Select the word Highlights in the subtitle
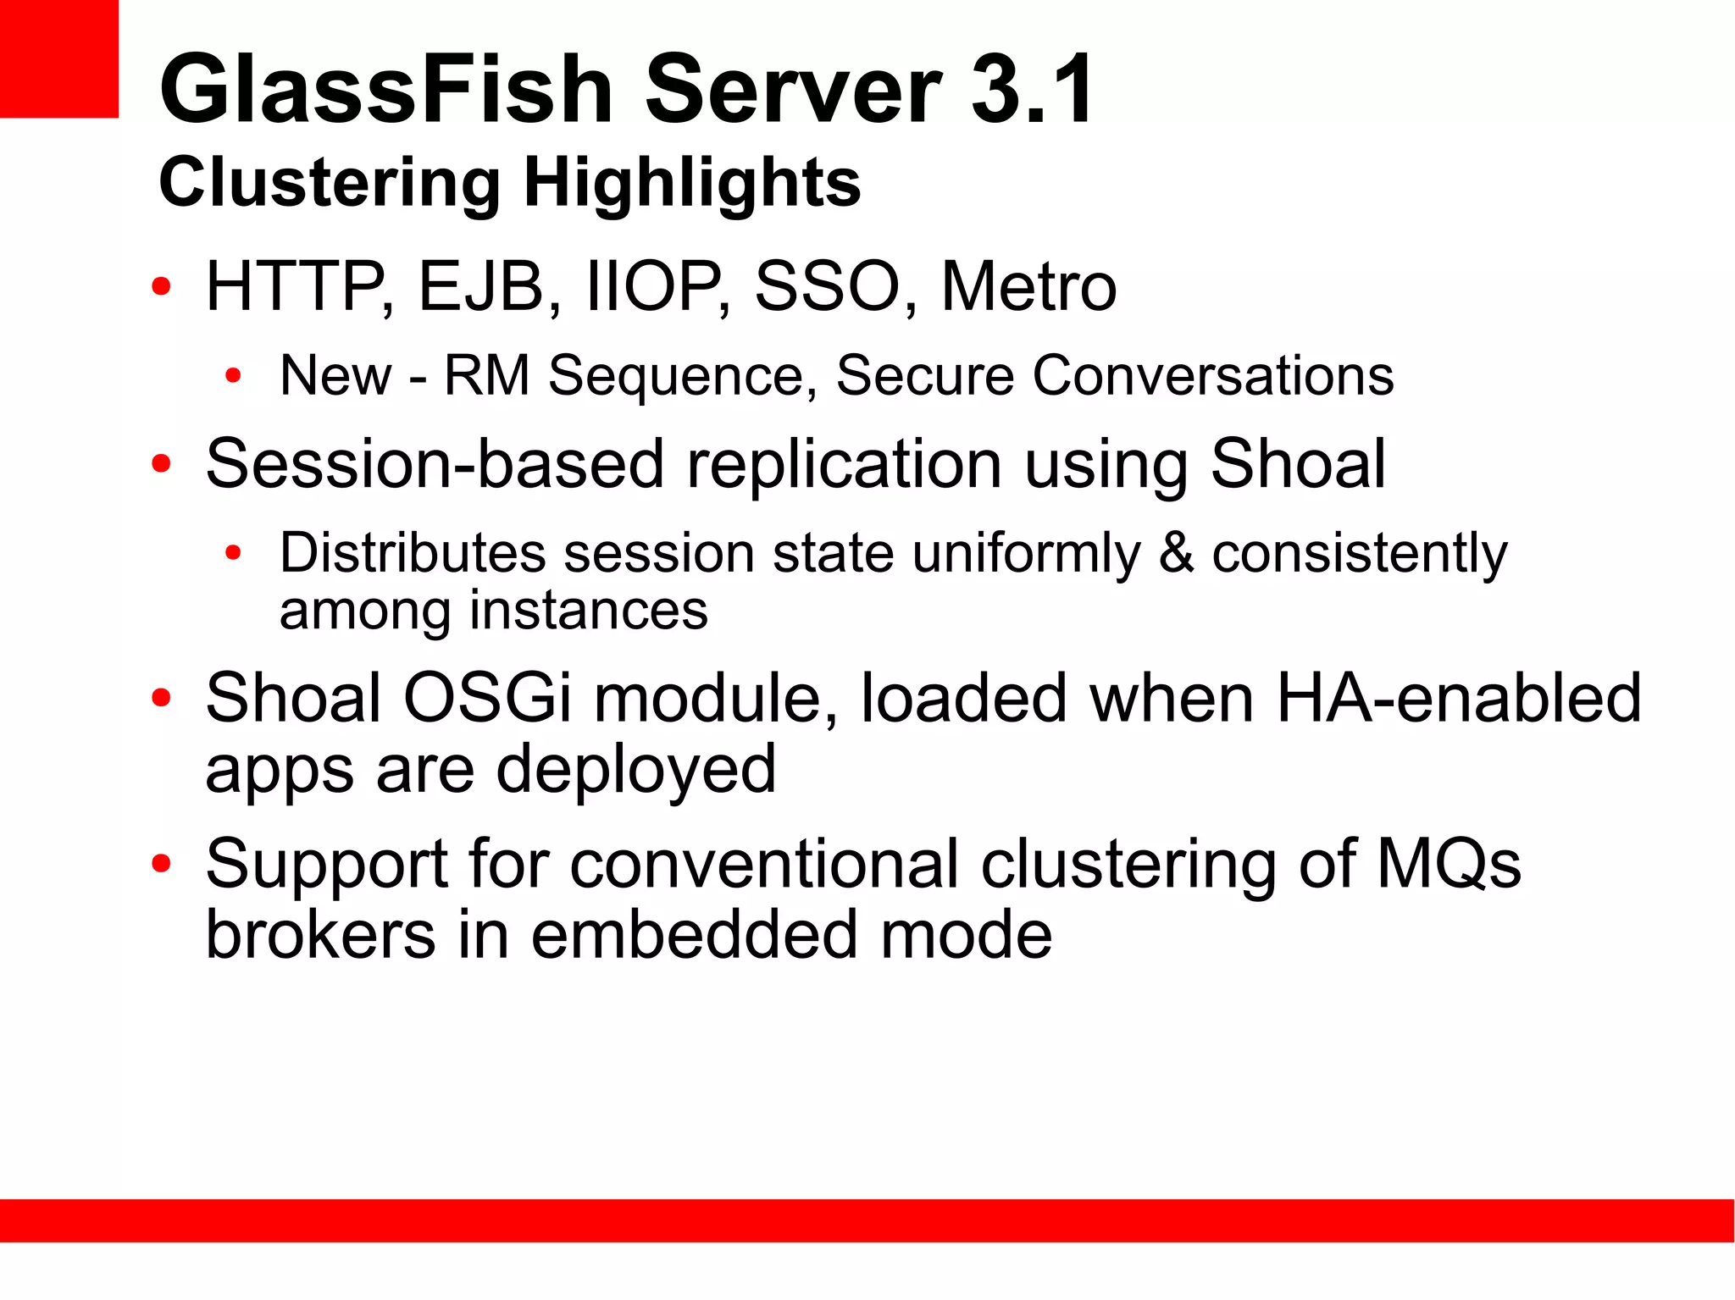click(x=691, y=183)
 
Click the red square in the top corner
click(x=58, y=58)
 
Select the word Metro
click(x=1028, y=287)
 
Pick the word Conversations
click(x=1212, y=376)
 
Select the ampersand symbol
click(x=1176, y=553)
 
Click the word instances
click(x=588, y=611)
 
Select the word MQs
click(x=1449, y=865)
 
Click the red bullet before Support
click(x=161, y=865)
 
